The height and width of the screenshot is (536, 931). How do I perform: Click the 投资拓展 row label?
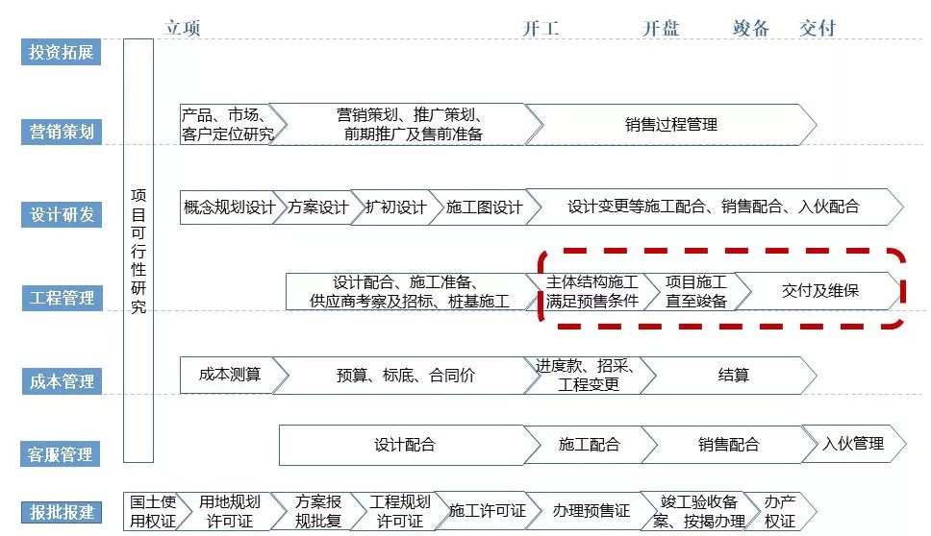(61, 52)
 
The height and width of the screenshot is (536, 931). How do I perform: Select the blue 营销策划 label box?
(61, 132)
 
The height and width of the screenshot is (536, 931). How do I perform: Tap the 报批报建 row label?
(61, 511)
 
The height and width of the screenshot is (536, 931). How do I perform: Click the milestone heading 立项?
(183, 28)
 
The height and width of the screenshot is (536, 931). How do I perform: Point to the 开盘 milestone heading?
(661, 28)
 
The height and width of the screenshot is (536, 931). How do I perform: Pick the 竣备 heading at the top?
(751, 28)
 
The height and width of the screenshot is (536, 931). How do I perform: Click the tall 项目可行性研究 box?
(138, 252)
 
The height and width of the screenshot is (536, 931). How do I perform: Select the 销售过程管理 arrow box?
(670, 125)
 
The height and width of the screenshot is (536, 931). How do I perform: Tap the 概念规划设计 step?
(229, 207)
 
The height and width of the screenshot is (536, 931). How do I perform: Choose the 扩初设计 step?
(395, 207)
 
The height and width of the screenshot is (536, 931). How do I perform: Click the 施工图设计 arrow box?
(484, 207)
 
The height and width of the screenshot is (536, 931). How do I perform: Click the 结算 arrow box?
(733, 375)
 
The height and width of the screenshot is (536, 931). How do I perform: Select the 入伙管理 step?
(852, 445)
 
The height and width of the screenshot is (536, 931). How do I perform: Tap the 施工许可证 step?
(487, 511)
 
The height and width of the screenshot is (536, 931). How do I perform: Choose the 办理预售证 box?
(591, 511)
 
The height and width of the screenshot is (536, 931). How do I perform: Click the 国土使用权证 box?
(151, 511)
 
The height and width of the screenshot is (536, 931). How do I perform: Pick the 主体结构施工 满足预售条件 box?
(591, 291)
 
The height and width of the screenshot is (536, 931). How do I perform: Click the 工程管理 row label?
(61, 298)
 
